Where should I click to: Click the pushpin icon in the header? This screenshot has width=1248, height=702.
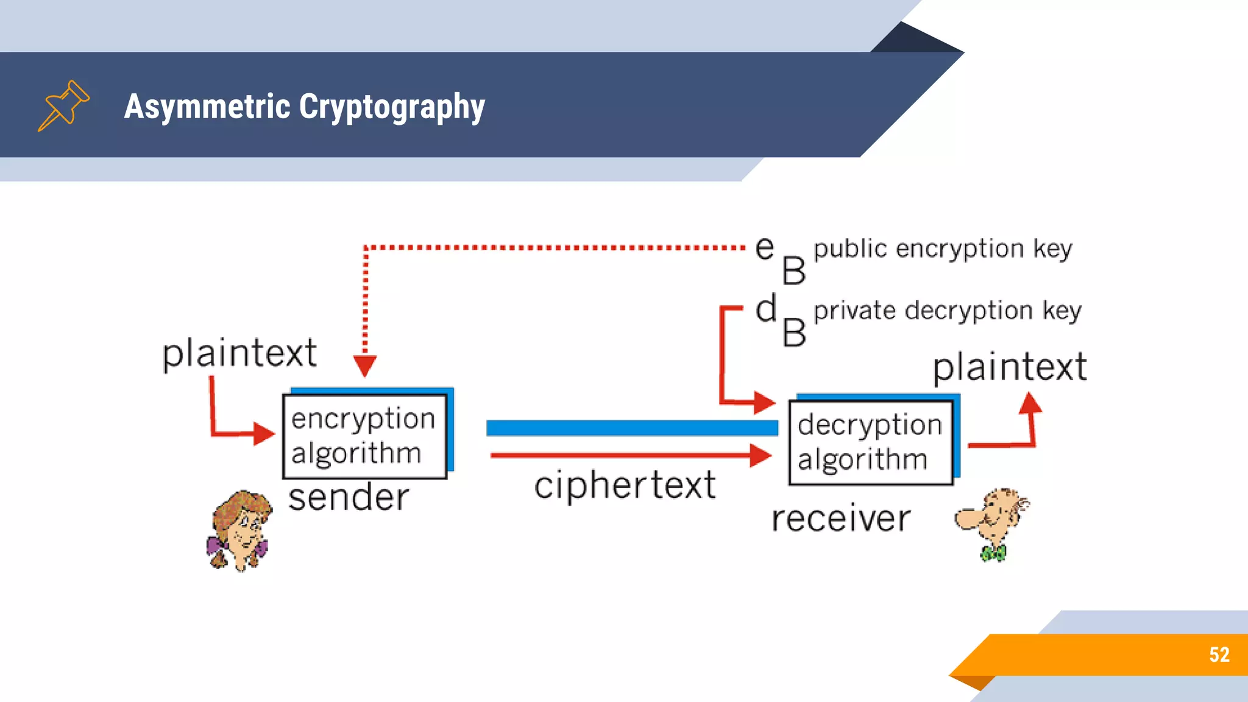(x=63, y=105)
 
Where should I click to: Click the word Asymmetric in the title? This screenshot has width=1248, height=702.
(x=207, y=106)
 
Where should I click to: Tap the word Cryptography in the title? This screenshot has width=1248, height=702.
(x=392, y=107)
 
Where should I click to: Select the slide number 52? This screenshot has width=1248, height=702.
(x=1219, y=654)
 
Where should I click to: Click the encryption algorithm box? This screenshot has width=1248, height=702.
(x=364, y=436)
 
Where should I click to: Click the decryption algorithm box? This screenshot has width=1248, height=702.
(x=870, y=442)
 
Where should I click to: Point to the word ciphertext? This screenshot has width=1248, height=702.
(x=625, y=486)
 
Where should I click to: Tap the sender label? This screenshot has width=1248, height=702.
(x=349, y=498)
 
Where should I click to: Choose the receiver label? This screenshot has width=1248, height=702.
(x=841, y=519)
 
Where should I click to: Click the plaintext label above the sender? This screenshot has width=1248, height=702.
(x=239, y=353)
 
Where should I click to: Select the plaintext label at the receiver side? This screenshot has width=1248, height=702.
(x=1010, y=367)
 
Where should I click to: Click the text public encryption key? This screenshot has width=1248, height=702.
(x=943, y=249)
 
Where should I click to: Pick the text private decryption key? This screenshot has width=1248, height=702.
(x=948, y=311)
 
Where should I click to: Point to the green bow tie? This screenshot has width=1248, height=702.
(x=993, y=553)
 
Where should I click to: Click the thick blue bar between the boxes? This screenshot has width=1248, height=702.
(x=632, y=428)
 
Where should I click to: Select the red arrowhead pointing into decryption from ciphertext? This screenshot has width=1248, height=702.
(x=760, y=455)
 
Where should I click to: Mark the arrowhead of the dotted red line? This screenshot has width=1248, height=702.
(x=364, y=366)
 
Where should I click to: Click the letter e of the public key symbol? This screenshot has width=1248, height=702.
(x=765, y=247)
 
